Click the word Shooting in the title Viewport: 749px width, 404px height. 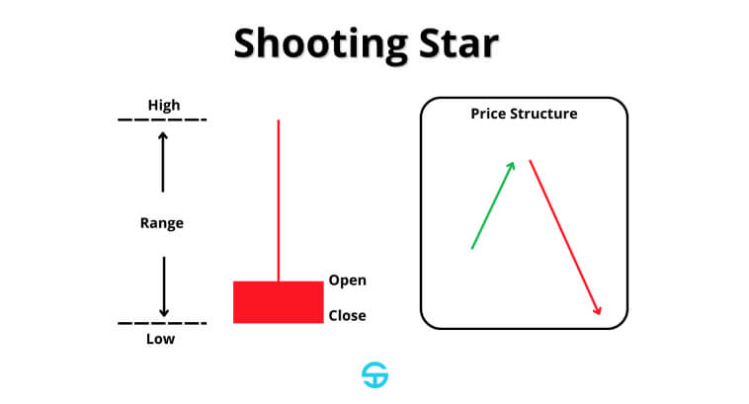321,44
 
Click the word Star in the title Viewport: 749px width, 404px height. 458,43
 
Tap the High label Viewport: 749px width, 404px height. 164,105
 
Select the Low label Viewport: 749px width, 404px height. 160,339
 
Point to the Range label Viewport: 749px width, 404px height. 162,223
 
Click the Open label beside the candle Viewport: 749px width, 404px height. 347,281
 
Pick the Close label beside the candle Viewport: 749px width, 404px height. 347,316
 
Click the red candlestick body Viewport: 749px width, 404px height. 279,302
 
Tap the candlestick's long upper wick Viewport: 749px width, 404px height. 279,201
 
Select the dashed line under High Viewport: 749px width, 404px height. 162,120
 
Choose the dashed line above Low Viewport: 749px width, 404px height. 162,323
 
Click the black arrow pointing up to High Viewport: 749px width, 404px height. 163,162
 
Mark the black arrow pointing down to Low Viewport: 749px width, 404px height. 164,287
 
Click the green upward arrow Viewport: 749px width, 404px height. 493,205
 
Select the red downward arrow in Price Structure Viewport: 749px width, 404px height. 565,237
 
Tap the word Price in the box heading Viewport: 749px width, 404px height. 488,114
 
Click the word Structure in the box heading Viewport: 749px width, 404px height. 543,114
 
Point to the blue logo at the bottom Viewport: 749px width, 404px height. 374,375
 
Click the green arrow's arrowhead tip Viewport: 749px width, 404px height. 515,162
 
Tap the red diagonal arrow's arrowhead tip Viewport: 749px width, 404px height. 600,314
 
